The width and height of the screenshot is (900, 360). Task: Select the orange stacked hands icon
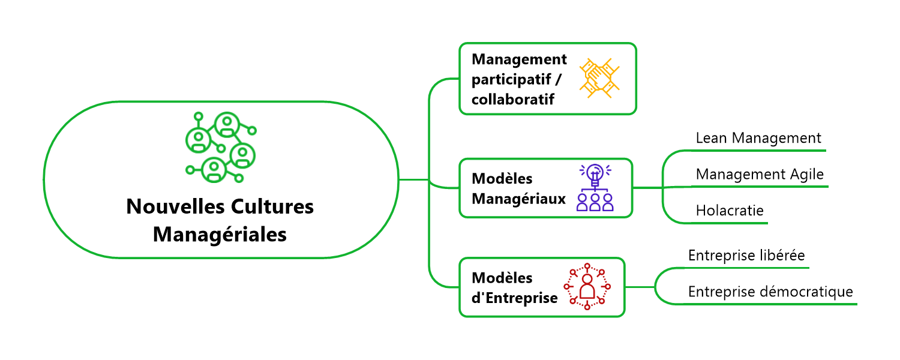[599, 79]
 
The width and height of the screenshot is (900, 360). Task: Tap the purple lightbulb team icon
[595, 187]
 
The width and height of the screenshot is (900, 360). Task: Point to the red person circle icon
[587, 287]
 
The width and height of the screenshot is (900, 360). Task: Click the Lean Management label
[758, 138]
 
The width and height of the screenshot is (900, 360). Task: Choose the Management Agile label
[760, 174]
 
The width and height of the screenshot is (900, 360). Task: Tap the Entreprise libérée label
[746, 255]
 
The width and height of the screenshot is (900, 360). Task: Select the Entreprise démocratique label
[770, 292]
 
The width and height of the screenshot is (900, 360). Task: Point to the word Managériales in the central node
[220, 234]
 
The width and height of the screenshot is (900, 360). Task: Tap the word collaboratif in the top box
[512, 99]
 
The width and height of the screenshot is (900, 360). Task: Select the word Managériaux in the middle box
[519, 198]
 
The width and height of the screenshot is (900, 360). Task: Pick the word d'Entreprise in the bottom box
[515, 297]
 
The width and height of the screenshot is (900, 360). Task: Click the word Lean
[711, 138]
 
